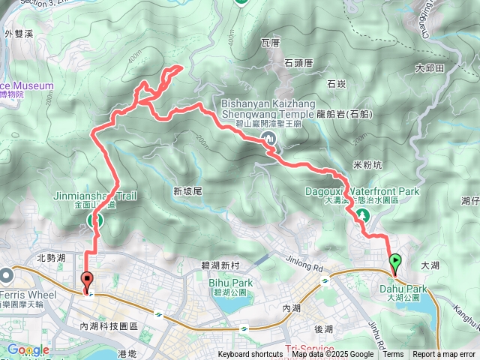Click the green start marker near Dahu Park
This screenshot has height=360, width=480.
tap(395, 262)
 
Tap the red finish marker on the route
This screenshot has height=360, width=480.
tap(86, 282)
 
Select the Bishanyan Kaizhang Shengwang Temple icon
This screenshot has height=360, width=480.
tap(268, 137)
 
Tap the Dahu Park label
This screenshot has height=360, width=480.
tap(407, 289)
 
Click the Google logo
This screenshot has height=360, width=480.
tap(28, 349)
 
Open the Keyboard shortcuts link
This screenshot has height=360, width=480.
tap(250, 355)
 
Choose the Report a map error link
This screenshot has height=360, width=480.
tap(445, 355)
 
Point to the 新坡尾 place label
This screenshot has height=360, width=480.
tap(188, 191)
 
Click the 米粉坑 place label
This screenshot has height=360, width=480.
tap(366, 163)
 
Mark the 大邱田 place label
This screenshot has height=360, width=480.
tap(430, 68)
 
